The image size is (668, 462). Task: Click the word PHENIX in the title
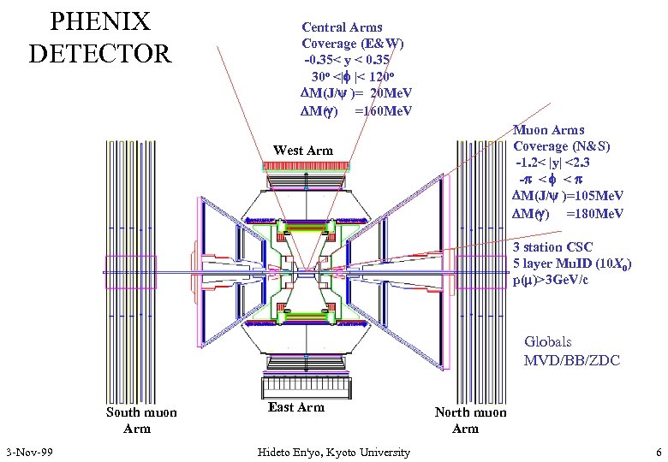pos(100,21)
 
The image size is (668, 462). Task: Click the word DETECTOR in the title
pos(100,54)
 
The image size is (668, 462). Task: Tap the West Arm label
pos(302,151)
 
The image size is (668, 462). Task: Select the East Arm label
pos(296,407)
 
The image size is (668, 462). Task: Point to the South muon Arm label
pos(141,420)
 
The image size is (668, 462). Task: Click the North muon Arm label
pos(470,420)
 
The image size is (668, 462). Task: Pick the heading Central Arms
pos(343,27)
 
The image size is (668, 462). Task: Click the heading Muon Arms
pos(548,131)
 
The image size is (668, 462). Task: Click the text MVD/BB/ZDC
pos(571,360)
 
